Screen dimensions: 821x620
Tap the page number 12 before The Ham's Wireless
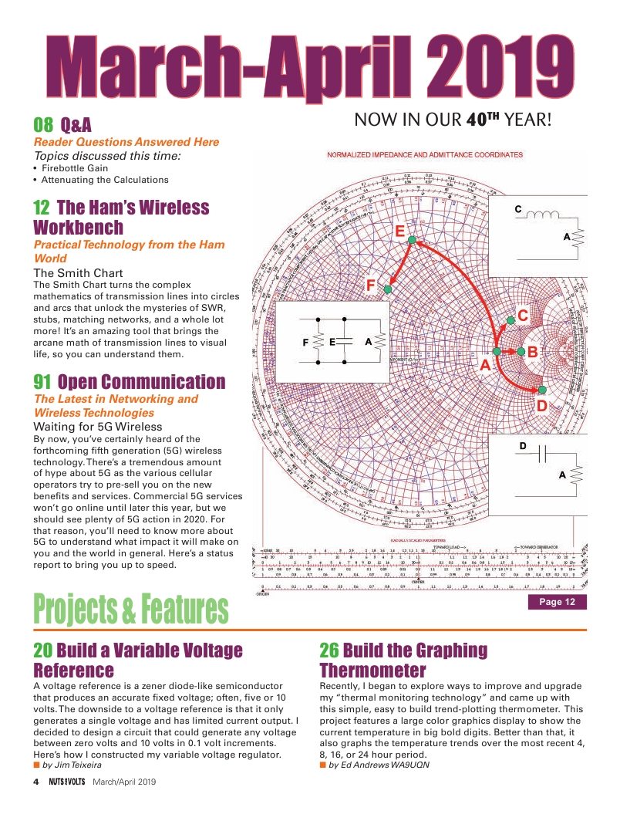(x=42, y=208)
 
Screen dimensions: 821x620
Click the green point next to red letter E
(x=413, y=241)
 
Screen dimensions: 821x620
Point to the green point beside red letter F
(x=388, y=289)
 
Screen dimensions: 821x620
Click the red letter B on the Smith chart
(x=532, y=352)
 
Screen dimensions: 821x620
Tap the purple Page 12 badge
(x=557, y=603)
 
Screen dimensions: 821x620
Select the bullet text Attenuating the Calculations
(x=104, y=180)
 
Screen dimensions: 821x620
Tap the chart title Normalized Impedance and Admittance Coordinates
(x=425, y=155)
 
